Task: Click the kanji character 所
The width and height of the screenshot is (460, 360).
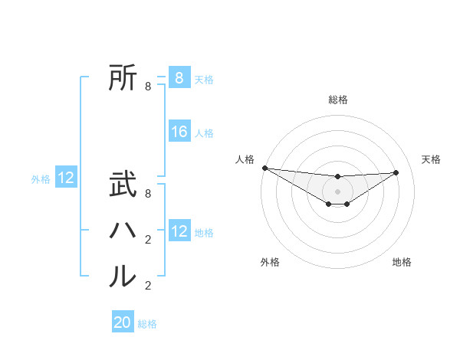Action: click(x=123, y=77)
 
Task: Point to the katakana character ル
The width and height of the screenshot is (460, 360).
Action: click(x=123, y=276)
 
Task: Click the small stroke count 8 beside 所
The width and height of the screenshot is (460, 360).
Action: click(x=148, y=87)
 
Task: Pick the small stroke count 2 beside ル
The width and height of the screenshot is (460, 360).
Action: click(x=148, y=286)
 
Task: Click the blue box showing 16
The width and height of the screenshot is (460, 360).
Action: click(x=179, y=133)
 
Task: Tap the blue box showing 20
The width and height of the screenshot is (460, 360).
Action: click(x=123, y=322)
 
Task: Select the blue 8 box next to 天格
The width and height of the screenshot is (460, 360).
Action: click(x=179, y=78)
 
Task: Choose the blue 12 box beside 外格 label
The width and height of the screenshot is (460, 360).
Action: click(x=66, y=178)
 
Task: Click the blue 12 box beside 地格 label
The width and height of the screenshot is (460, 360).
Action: click(x=179, y=232)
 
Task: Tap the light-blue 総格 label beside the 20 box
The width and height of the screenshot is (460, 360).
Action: click(x=147, y=324)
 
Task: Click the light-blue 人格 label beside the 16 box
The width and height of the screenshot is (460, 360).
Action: click(x=204, y=133)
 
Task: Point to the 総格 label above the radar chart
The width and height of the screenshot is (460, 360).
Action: click(x=338, y=100)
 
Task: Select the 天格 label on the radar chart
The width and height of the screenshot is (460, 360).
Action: click(x=431, y=159)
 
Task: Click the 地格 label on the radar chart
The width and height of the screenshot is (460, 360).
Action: click(x=402, y=263)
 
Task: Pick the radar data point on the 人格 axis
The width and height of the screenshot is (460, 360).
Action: click(x=264, y=168)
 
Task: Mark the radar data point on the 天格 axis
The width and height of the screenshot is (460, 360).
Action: click(x=396, y=172)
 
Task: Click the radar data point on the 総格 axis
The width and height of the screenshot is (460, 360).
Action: click(x=338, y=177)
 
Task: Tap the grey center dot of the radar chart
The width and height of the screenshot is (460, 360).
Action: click(x=338, y=191)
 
